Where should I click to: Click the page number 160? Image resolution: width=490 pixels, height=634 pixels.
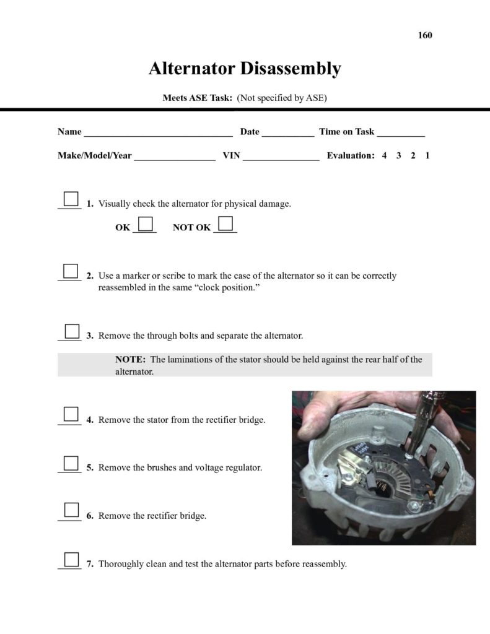(x=425, y=35)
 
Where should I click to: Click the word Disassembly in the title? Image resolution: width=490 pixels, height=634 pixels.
(x=291, y=68)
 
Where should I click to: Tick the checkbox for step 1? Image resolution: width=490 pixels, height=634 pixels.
(x=71, y=199)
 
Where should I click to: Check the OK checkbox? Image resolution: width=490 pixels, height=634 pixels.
(x=146, y=223)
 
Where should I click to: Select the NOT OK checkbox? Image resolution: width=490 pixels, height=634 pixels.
(x=225, y=223)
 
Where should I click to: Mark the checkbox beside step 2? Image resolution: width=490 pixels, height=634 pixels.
(x=71, y=271)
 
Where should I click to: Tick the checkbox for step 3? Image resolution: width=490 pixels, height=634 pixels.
(x=71, y=331)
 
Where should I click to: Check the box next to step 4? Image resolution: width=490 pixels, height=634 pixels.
(x=71, y=414)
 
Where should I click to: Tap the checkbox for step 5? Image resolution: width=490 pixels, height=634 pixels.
(x=71, y=462)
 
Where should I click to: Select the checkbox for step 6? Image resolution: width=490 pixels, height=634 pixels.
(x=71, y=510)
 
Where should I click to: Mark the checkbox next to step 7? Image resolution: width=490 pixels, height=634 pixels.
(x=71, y=559)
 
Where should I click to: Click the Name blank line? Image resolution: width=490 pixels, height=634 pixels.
(x=158, y=133)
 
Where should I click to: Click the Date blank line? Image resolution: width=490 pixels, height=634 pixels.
(x=287, y=133)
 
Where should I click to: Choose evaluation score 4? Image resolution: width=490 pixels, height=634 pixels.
(x=384, y=156)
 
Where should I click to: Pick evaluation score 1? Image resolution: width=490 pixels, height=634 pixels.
(x=427, y=156)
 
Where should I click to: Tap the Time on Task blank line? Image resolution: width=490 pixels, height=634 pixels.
(x=400, y=133)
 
